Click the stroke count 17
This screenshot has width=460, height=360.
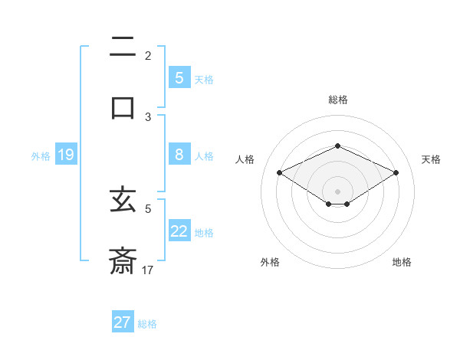point(148,270)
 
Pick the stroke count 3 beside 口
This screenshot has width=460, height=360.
point(148,117)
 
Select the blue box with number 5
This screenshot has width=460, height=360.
point(179,78)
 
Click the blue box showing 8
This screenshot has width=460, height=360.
point(179,155)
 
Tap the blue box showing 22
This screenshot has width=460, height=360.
point(179,231)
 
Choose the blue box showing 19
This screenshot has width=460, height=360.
point(66,155)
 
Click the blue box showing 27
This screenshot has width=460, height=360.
point(123,322)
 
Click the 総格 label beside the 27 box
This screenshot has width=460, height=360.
point(147,324)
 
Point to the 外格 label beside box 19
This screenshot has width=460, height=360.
point(41,156)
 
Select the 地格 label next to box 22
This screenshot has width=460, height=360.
point(204,233)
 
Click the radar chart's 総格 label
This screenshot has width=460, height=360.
point(337,100)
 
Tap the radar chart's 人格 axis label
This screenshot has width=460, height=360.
point(245,159)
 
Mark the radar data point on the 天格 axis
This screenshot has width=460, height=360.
point(396,172)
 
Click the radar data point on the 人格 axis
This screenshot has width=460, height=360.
point(280,172)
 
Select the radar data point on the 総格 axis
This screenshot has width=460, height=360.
point(337,146)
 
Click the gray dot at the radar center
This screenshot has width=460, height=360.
point(337,191)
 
